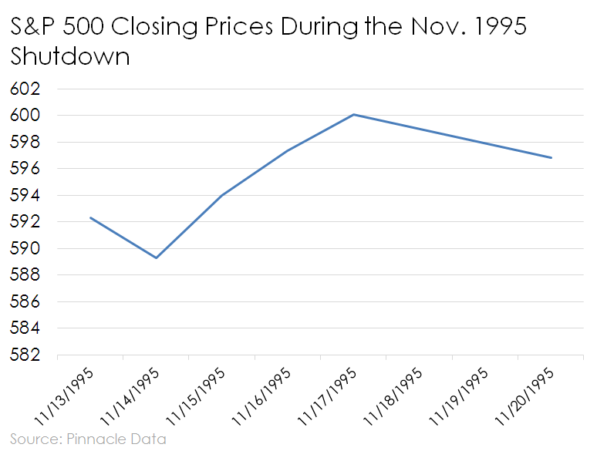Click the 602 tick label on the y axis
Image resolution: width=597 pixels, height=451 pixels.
[25, 89]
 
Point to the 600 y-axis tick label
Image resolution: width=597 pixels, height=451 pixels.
[25, 116]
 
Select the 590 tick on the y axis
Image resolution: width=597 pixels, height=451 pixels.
[25, 249]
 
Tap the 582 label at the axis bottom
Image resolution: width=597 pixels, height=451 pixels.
[25, 355]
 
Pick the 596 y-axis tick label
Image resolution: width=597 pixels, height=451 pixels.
[25, 169]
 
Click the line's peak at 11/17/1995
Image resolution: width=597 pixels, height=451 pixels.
[353, 114]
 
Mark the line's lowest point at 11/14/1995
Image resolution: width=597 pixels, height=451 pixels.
[157, 257]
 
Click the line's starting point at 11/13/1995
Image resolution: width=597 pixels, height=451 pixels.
[91, 217]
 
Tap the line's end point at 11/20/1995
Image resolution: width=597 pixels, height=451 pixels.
[551, 157]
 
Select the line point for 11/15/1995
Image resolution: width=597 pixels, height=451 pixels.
[222, 195]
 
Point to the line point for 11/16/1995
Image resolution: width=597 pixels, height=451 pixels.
[288, 150]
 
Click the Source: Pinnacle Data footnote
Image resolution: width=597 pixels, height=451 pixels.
[88, 439]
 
